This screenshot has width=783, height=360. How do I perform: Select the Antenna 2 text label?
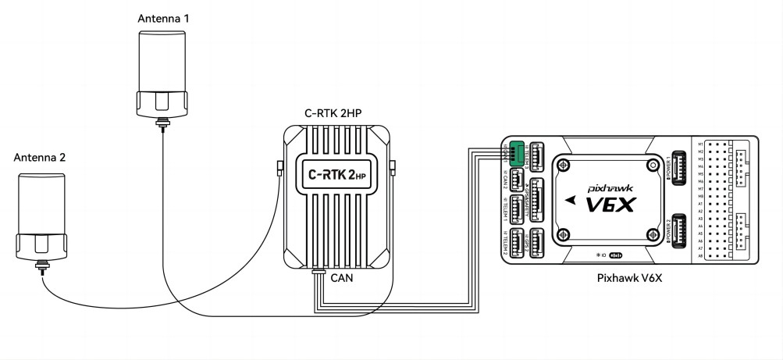[40, 157]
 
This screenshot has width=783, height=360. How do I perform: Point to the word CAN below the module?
[342, 277]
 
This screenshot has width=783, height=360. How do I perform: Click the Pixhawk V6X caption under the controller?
[625, 278]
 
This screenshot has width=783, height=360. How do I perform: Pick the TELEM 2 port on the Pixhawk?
[516, 244]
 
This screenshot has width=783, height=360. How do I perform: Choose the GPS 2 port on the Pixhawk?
[537, 241]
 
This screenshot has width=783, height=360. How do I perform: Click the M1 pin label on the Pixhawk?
[700, 144]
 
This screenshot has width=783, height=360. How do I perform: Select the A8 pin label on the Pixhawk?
[700, 255]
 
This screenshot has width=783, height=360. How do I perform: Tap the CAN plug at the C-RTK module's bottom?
[319, 273]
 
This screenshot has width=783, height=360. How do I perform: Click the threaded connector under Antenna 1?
[163, 122]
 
